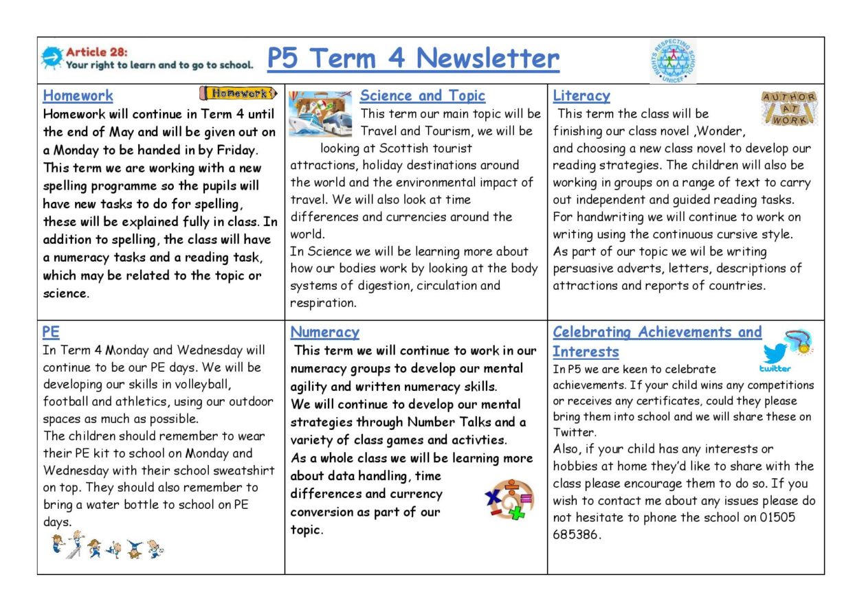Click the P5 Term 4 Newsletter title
coord(413,58)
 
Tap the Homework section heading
coord(78,95)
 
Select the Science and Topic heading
coord(422,95)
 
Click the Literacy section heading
coord(581,95)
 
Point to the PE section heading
coord(51,332)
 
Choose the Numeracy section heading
coord(324,332)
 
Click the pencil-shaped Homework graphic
coord(238,93)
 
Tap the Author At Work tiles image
coord(788,109)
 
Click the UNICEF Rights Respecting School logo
coord(672,61)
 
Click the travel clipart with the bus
coord(320,114)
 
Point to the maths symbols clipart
coord(509,499)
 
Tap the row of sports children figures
coord(107,547)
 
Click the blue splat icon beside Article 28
coord(52,58)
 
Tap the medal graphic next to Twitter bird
coord(800,341)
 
